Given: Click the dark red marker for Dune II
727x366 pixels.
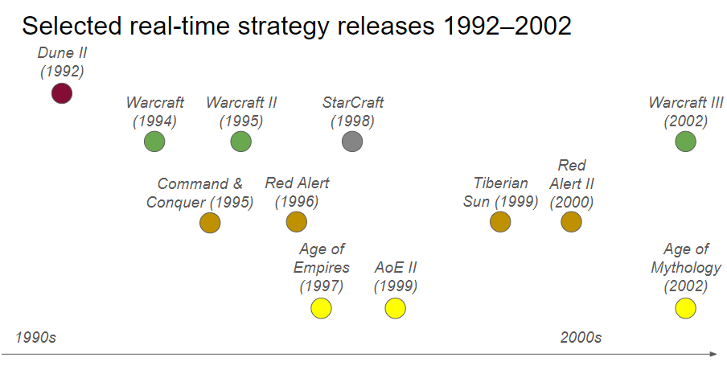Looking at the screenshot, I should pos(62,93).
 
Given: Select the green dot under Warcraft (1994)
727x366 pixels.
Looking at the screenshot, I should pos(154,142).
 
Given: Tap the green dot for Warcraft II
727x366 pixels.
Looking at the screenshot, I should pos(240,142).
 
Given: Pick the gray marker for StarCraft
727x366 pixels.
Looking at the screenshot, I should pos(352,142).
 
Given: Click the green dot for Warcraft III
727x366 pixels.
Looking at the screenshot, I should pos(685,142).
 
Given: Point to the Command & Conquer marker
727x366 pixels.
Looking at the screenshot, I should pos(210,222).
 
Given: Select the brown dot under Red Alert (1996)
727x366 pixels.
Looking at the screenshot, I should pos(296,222).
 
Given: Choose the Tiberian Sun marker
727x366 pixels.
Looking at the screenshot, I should pos(500,222).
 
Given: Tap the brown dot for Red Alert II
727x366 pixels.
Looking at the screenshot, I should pos(571,222).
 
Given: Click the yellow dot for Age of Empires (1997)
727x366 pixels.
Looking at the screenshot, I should pos(321,308).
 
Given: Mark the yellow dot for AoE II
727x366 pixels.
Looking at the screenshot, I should pos(395,308).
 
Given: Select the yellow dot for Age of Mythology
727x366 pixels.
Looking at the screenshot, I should pos(685,308).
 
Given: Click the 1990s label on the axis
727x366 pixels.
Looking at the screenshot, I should pos(35,337).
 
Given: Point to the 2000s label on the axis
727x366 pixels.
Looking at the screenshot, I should pos(581,337).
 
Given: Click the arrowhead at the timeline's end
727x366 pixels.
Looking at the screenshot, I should pos(713,354).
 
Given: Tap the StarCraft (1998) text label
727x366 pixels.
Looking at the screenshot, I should pos(352,112).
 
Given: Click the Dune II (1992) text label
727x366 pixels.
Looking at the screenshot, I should pos(62,62).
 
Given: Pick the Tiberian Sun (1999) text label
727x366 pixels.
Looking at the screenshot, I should pos(500,192).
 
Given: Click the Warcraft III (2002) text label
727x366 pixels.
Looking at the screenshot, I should pos(685,112).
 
